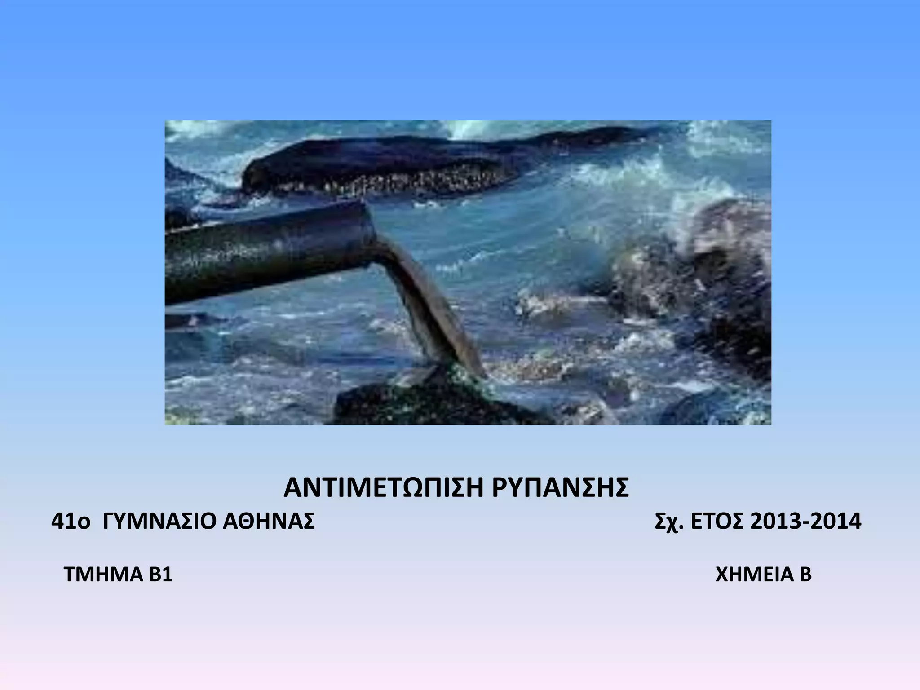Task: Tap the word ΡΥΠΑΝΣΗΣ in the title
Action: point(560,488)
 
